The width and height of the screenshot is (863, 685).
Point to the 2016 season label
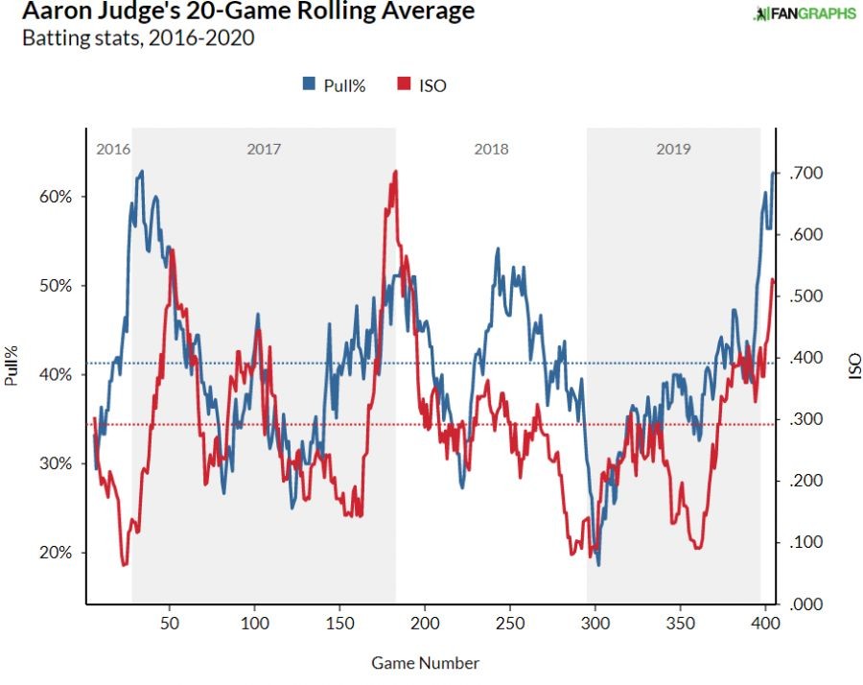(113, 150)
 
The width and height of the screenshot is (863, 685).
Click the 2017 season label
(264, 150)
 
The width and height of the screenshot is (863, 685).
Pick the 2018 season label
(491, 150)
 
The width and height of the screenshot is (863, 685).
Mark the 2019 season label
(673, 150)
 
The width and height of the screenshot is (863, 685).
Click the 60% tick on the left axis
(56, 197)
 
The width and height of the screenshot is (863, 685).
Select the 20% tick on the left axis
(56, 553)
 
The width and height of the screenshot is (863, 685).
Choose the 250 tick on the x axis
(509, 623)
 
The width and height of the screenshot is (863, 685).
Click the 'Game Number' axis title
(425, 663)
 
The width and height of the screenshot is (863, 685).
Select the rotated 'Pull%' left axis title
(12, 366)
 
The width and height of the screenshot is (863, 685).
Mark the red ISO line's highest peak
(393, 173)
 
